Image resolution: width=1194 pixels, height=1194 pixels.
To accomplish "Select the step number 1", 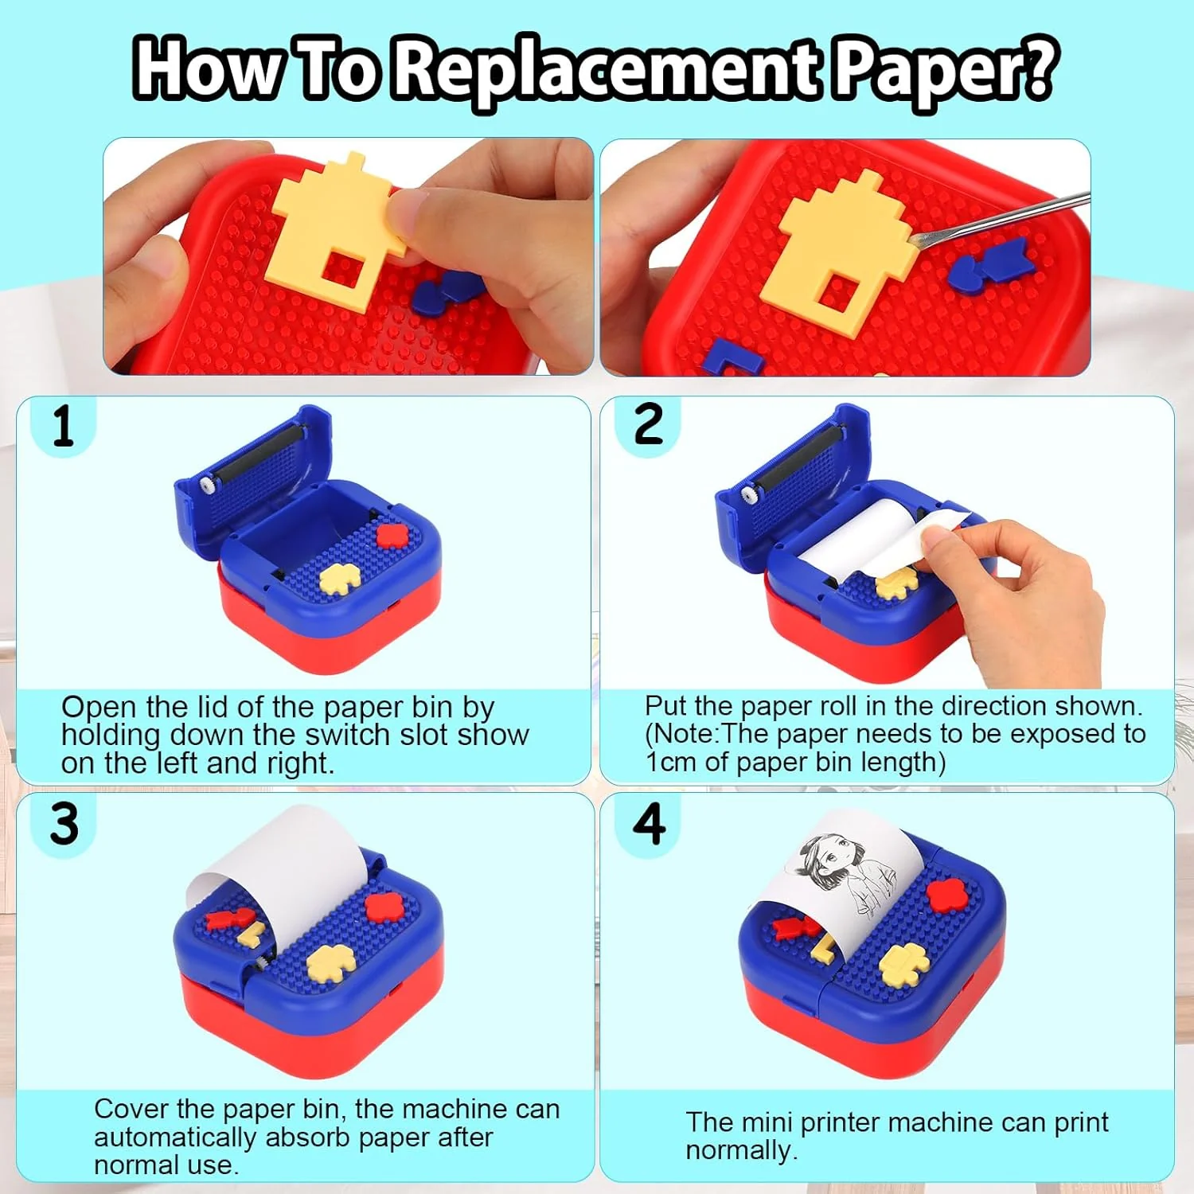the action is coord(63,425).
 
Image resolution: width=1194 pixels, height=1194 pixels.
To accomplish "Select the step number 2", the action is coord(648,423).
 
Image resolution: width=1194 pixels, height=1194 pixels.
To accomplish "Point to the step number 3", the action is coord(64,823).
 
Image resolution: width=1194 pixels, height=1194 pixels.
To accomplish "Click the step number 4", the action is coord(650,823).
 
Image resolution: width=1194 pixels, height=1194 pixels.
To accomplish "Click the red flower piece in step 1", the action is coord(391,535).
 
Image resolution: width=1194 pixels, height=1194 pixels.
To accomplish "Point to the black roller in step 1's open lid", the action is coord(252,459).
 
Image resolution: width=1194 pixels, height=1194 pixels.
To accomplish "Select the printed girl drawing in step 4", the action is coord(844,872).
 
